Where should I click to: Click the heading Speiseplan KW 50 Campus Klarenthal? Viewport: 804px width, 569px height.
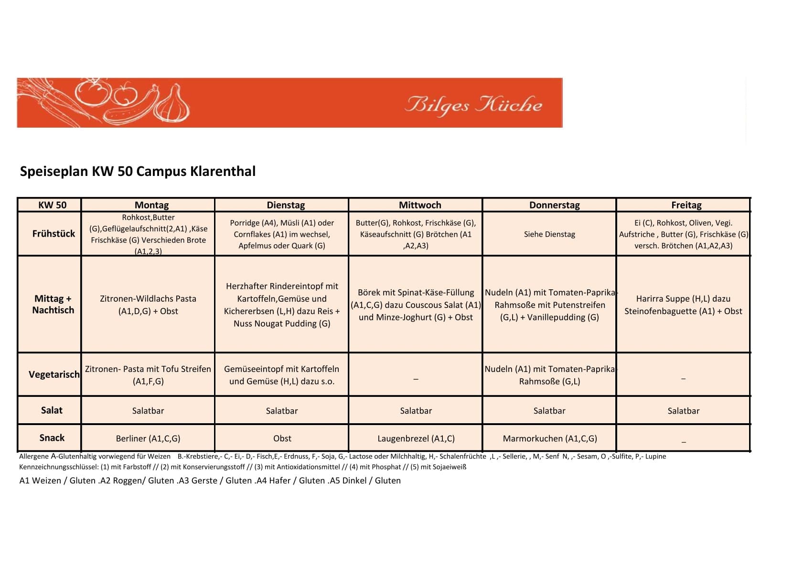coord(138,171)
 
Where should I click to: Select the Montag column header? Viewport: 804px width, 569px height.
coord(151,205)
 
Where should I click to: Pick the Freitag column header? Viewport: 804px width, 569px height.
coord(686,205)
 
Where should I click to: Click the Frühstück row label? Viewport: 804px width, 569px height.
coord(54,233)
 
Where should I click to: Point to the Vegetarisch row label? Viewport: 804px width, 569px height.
coord(54,374)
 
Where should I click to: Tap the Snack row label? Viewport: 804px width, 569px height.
coord(52,438)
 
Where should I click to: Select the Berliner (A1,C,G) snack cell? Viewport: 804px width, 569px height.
coord(148,438)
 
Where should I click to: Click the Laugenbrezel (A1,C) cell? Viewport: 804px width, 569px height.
coord(416,438)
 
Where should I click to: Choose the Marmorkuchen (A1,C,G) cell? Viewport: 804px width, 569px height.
coord(549,438)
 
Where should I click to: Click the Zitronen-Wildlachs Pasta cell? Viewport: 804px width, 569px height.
coord(148,305)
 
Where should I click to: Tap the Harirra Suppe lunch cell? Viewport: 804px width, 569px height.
coord(683,305)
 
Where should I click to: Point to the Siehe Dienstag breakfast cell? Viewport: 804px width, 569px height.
coord(549,234)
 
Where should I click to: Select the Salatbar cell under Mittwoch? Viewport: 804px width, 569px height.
coord(416,411)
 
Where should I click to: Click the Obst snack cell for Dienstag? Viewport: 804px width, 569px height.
coord(282,438)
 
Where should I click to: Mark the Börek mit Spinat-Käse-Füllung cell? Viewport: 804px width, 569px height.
coord(416,305)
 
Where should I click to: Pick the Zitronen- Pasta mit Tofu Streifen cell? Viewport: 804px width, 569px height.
coord(148,375)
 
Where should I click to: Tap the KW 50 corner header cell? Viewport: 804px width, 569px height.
coord(52,205)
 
